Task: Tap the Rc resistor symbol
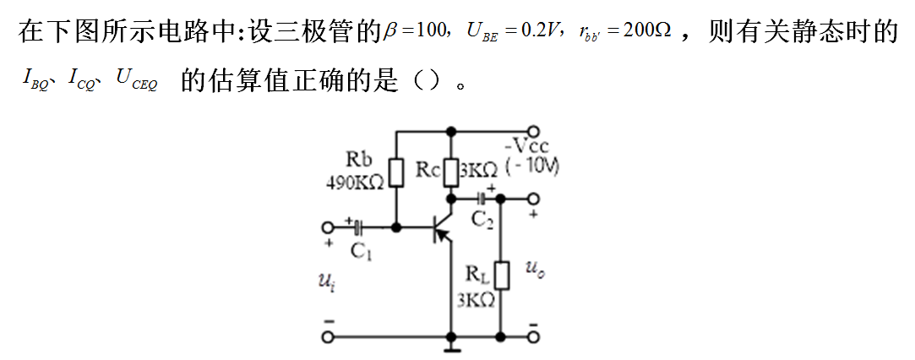coord(451,172)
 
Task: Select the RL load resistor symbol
coord(501,275)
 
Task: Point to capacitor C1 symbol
coord(359,227)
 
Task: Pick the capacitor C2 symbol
coord(481,199)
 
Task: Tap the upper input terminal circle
coord(328,227)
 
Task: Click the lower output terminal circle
coord(533,337)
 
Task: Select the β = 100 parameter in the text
coord(415,32)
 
